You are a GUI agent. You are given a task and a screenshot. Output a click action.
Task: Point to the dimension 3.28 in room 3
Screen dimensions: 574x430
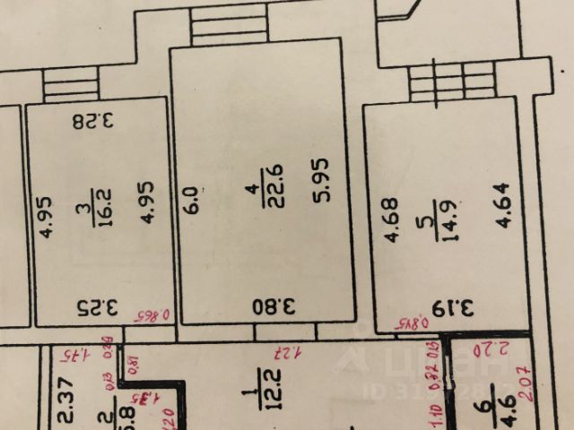[x=95, y=120]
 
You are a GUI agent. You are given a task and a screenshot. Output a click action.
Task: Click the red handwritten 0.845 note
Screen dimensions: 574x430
[x=409, y=321]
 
